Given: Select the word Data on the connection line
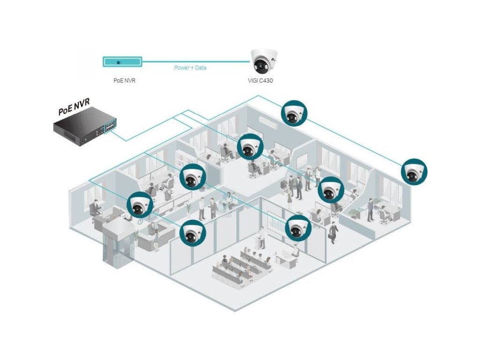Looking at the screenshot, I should tap(201, 68).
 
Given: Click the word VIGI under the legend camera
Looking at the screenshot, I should tap(254, 81).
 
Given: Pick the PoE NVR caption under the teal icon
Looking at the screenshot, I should tap(124, 81).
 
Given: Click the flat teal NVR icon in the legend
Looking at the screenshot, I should tap(122, 61).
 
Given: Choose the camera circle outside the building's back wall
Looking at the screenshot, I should tap(294, 113).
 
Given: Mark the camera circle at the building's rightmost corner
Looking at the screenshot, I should tap(414, 172).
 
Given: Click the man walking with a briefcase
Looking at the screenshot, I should tap(334, 232).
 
